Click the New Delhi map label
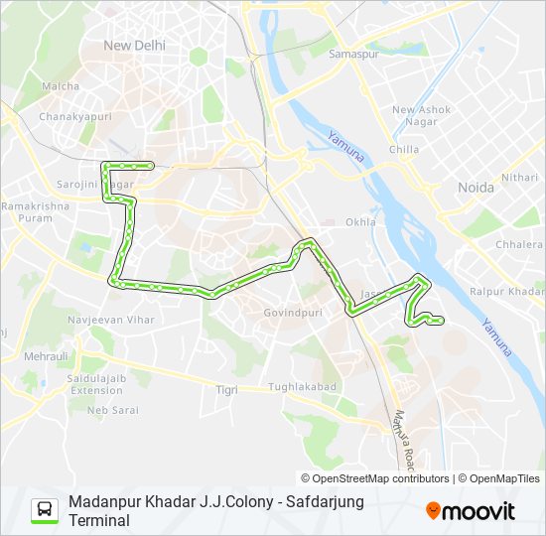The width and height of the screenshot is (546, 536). [135, 45]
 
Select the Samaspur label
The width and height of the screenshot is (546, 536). [354, 53]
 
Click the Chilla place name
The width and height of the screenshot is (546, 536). [404, 150]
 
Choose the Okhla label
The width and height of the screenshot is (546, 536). [360, 222]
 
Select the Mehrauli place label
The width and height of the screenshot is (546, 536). [44, 354]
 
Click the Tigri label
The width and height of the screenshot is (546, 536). [226, 390]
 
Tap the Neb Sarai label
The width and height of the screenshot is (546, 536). [112, 410]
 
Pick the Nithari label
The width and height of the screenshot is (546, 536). [519, 177]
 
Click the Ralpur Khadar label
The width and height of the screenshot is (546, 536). [506, 292]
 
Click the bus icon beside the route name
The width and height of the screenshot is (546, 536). [45, 510]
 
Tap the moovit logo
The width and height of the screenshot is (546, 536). [471, 511]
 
